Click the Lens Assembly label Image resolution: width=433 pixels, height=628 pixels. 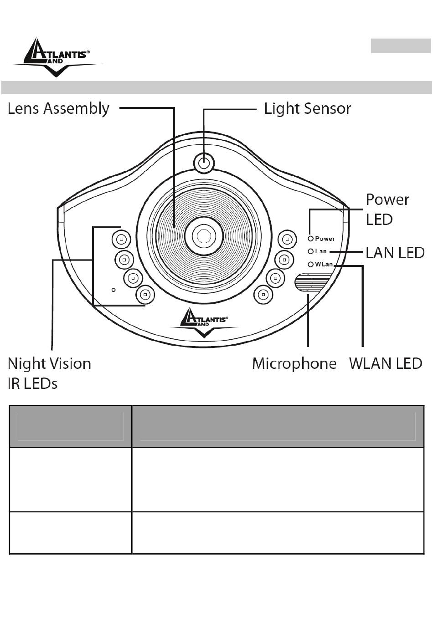click(x=58, y=109)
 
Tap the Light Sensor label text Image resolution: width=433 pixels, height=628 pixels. click(x=308, y=109)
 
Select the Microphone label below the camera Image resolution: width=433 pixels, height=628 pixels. click(x=294, y=363)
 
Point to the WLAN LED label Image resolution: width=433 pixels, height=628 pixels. click(x=386, y=363)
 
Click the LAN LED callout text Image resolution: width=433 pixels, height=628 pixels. click(x=395, y=253)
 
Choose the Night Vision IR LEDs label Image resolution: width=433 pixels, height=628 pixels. click(x=49, y=373)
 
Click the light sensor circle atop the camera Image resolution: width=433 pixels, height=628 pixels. click(x=204, y=163)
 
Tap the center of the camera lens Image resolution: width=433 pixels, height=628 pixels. click(x=204, y=236)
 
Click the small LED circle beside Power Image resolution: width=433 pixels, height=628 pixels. click(x=310, y=239)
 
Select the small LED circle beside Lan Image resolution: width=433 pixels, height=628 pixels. click(x=310, y=251)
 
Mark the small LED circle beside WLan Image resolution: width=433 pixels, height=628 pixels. click(x=310, y=265)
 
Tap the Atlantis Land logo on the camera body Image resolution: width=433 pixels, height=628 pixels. click(x=204, y=322)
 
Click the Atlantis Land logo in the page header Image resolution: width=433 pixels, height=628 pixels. click(x=56, y=57)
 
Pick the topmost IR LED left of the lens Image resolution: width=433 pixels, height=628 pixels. click(x=121, y=240)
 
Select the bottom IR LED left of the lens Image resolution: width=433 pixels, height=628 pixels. click(x=145, y=294)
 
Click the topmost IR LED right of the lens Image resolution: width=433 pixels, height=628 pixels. click(x=287, y=240)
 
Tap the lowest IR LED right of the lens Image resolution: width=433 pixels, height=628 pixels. click(x=263, y=294)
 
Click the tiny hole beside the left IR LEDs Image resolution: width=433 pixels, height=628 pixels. click(x=113, y=290)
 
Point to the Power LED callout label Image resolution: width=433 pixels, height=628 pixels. click(x=387, y=209)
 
